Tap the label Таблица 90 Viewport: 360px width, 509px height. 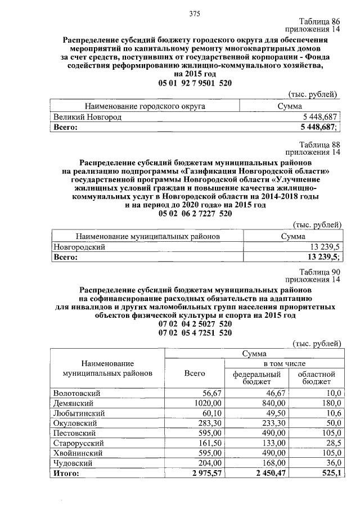321,271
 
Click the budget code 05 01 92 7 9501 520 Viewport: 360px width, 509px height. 195,83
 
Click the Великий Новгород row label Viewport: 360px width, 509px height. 87,117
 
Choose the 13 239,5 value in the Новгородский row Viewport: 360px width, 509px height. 323,247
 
